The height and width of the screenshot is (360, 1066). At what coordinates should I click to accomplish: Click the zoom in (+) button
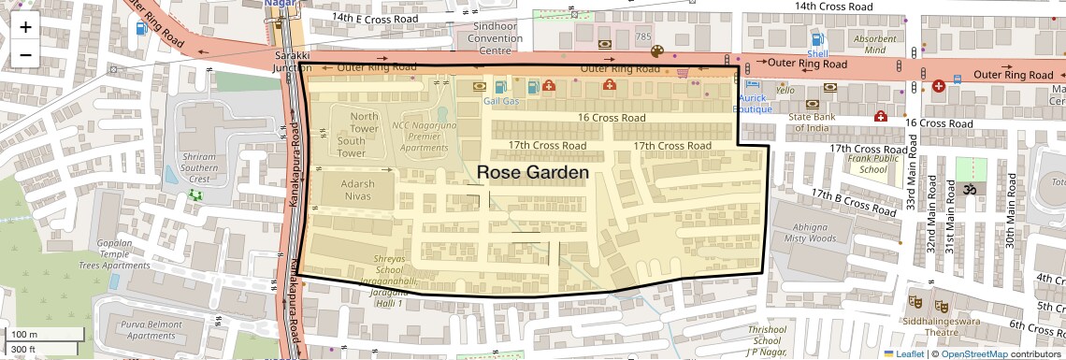(x=25, y=26)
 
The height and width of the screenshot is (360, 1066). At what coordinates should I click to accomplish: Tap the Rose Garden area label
(x=533, y=173)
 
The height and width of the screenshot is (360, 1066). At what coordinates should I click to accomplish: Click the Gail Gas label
(x=501, y=101)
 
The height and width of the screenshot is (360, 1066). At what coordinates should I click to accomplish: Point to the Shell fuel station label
(x=817, y=54)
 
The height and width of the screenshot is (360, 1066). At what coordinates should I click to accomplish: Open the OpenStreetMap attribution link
(x=973, y=353)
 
